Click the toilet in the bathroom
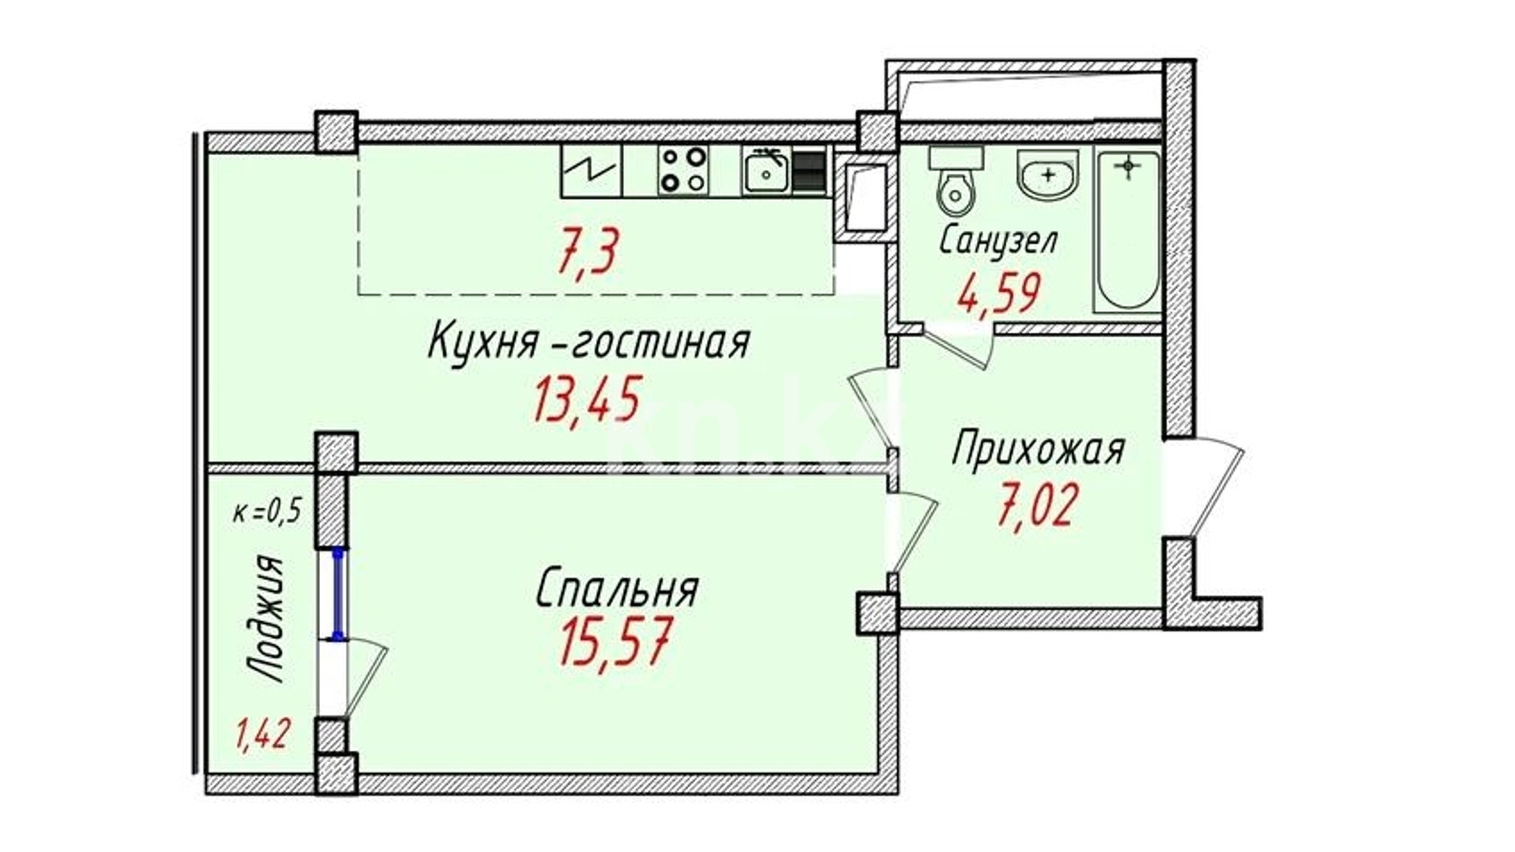pos(955,179)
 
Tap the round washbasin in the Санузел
pos(1048,175)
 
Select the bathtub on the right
pos(1128,231)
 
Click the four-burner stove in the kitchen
pos(683,169)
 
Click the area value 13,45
pos(587,399)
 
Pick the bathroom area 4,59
pos(997,293)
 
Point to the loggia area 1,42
pos(264,735)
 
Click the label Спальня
pos(617,588)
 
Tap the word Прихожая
pos(1038,450)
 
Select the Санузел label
pos(998,241)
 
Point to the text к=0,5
pos(267,512)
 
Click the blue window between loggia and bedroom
pos(338,594)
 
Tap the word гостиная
pos(660,342)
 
